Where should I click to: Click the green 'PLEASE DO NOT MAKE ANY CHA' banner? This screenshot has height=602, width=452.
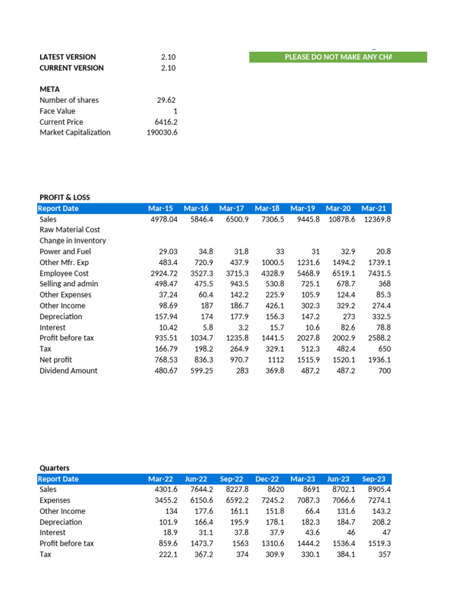pyautogui.click(x=338, y=57)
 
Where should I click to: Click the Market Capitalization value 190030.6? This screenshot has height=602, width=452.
pyautogui.click(x=162, y=132)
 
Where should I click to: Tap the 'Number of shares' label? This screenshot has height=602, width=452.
pyautogui.click(x=69, y=100)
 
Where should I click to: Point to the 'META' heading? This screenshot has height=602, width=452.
pyautogui.click(x=49, y=89)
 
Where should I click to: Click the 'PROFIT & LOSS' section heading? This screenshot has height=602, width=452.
pyautogui.click(x=65, y=197)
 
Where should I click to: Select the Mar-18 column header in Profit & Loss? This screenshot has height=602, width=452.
pyautogui.click(x=267, y=208)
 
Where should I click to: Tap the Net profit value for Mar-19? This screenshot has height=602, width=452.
pyautogui.click(x=304, y=359)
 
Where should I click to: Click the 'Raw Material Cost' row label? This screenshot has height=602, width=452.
pyautogui.click(x=69, y=230)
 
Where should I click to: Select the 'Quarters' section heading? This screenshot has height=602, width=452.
pyautogui.click(x=54, y=468)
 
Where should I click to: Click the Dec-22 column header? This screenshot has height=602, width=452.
pyautogui.click(x=267, y=479)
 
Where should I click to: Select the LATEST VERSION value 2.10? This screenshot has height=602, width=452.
pyautogui.click(x=168, y=57)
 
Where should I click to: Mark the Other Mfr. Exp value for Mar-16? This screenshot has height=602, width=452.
pyautogui.click(x=200, y=262)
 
